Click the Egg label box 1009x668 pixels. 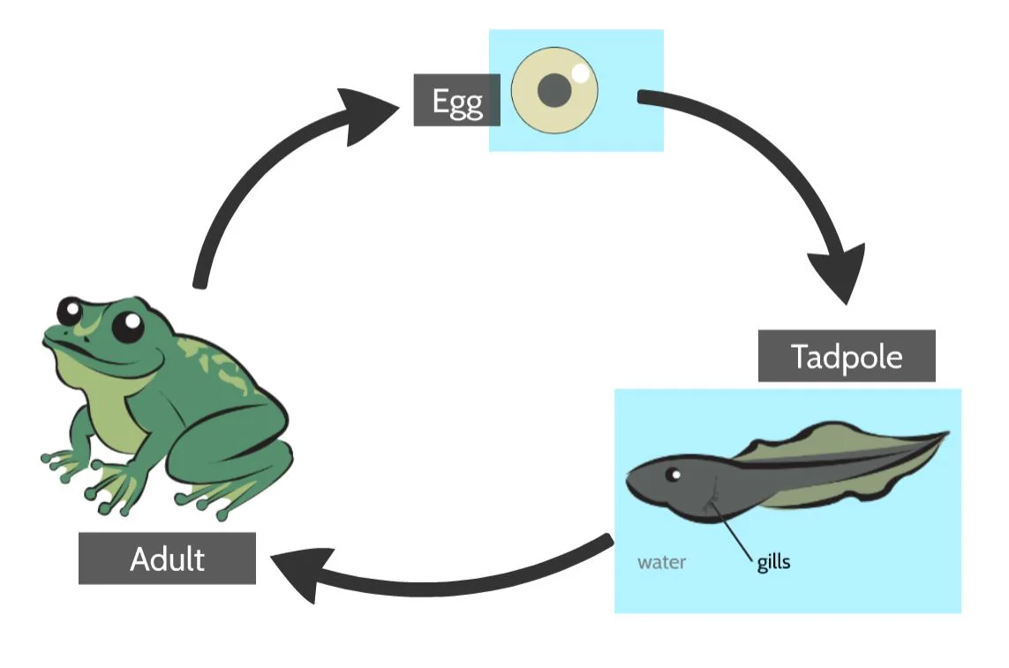pyautogui.click(x=457, y=101)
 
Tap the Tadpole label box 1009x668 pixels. pyautogui.click(x=846, y=357)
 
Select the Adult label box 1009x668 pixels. pyautogui.click(x=167, y=559)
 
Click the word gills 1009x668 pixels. pyautogui.click(x=773, y=562)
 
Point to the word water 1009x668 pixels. pyautogui.click(x=661, y=562)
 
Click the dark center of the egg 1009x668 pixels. pyautogui.click(x=554, y=90)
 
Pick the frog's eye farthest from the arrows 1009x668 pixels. pyautogui.click(x=70, y=311)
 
